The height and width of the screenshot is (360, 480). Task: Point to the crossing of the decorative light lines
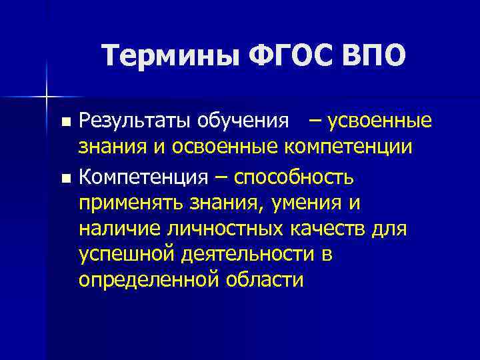coord(47,97)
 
